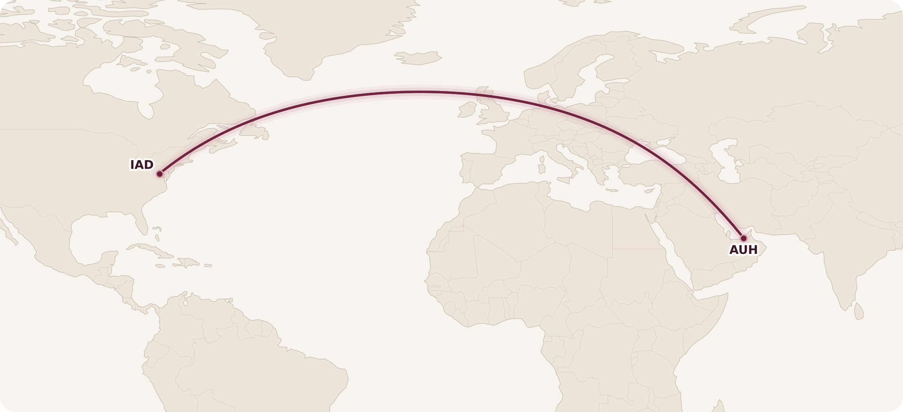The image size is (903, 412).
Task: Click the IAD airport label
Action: (142, 165)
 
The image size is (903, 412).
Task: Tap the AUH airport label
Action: (743, 250)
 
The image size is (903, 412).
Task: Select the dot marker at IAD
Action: (160, 174)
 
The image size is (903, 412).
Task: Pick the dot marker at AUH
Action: (743, 238)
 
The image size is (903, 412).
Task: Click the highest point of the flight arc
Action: (417, 92)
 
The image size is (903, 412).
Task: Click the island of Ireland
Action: (467, 110)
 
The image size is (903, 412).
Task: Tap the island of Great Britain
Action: (494, 112)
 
